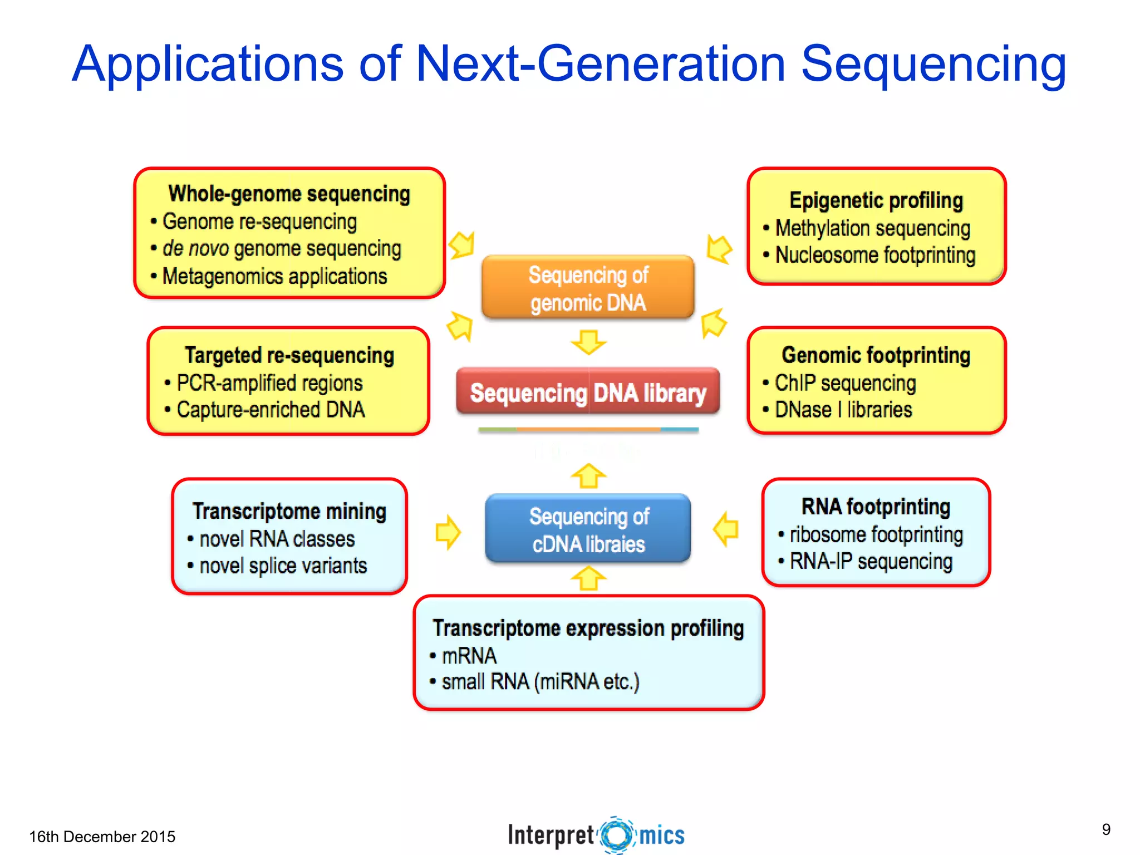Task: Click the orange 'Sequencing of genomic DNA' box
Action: [x=588, y=288]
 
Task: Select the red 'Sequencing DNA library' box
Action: [x=588, y=392]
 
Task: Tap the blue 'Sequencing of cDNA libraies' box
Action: [x=588, y=529]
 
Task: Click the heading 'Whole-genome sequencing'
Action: [x=289, y=194]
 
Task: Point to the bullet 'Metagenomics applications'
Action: [x=274, y=276]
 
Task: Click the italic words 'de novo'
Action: [x=195, y=248]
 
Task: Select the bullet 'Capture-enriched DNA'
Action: [x=271, y=410]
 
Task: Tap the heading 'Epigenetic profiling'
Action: [x=876, y=200]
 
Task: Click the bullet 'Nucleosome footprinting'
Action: [x=875, y=255]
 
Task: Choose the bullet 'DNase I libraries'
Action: [x=843, y=410]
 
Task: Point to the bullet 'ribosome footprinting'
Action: [x=876, y=534]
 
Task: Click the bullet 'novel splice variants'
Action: [x=283, y=566]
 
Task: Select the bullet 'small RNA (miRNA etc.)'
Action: [x=540, y=681]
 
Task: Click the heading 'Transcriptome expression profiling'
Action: [x=588, y=628]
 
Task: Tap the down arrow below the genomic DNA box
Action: [x=588, y=342]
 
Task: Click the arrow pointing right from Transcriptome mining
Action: [x=448, y=532]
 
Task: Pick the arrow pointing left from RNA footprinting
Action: [x=726, y=529]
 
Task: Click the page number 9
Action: [x=1106, y=829]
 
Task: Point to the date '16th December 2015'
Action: [x=102, y=837]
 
